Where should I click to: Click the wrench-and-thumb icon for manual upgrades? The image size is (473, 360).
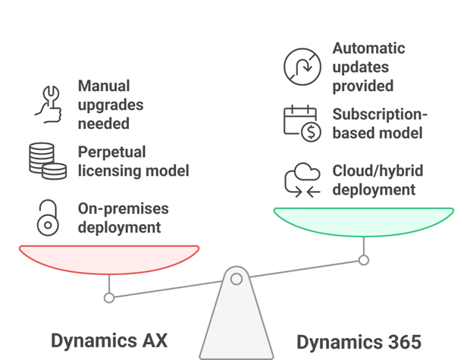(x=49, y=104)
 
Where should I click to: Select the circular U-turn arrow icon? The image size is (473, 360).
(x=302, y=66)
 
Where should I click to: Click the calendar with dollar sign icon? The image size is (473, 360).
(x=302, y=123)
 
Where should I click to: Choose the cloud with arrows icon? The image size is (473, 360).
(x=302, y=180)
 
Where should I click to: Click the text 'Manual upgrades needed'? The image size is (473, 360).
(x=111, y=105)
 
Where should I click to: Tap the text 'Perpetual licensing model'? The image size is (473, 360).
(x=133, y=161)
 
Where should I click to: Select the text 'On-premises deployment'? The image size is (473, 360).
(x=123, y=218)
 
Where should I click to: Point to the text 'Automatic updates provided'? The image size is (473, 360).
(x=368, y=67)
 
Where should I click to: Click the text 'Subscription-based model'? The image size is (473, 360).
(x=380, y=124)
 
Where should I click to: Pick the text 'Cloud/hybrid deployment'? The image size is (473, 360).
(x=377, y=180)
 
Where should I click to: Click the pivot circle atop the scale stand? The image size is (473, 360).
(x=236, y=279)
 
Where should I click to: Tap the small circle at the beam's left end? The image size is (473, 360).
(x=109, y=298)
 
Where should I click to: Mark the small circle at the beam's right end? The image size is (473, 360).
(x=364, y=260)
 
